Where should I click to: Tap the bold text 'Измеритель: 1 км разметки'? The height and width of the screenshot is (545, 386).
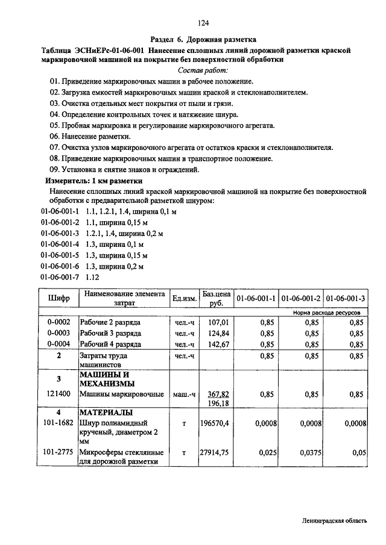click(x=94, y=181)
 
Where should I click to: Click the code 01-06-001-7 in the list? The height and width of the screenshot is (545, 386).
click(x=60, y=278)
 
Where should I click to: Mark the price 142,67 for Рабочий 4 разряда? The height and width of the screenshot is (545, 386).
click(x=219, y=344)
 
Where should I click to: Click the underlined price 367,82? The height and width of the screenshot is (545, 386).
click(x=218, y=394)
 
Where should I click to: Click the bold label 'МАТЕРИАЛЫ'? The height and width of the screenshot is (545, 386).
click(x=107, y=413)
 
